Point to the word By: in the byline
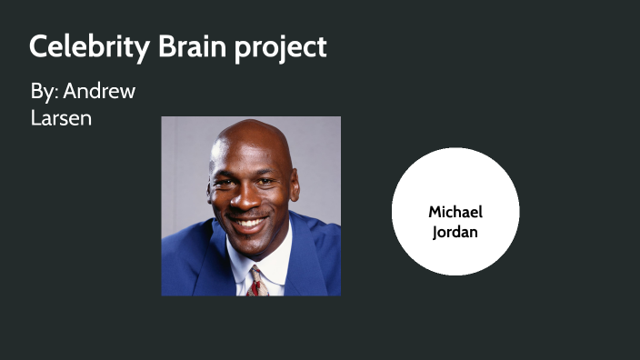44,93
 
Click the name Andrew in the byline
100,93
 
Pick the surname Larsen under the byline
61,118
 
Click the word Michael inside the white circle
455,212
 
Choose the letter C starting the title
38,46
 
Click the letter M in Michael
435,212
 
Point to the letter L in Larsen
35,118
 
